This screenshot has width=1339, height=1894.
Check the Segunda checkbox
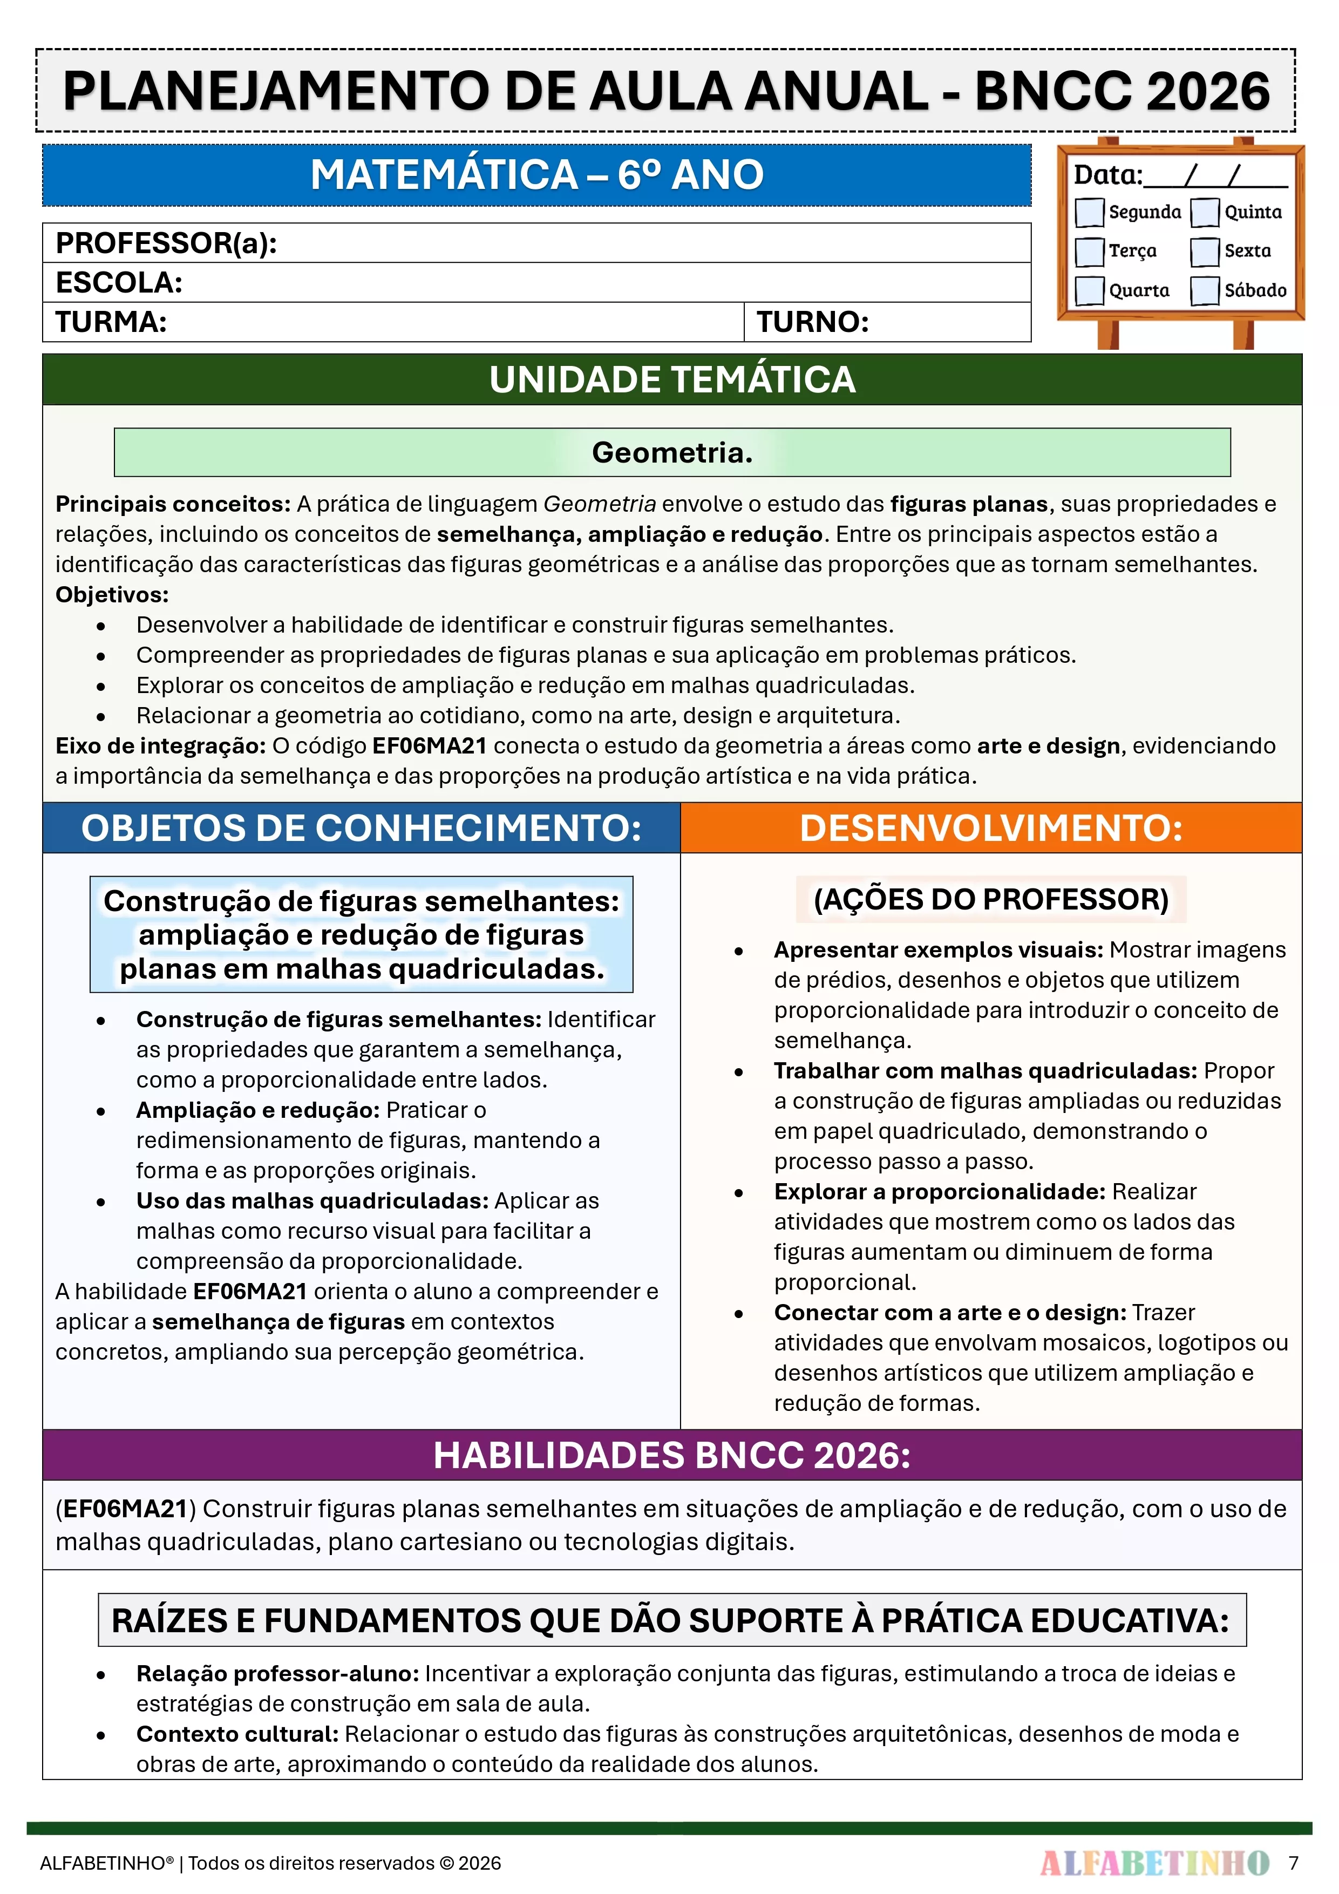[1089, 212]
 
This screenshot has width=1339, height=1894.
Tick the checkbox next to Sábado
[1205, 290]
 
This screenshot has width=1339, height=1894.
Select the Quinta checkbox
[1205, 212]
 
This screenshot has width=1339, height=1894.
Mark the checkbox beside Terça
[1089, 252]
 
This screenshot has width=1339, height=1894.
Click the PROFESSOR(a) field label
[166, 243]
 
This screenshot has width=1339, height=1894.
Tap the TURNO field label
[813, 322]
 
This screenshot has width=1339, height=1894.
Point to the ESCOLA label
[119, 283]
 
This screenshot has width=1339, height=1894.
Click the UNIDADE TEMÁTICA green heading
[671, 379]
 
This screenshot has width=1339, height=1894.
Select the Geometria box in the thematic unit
[671, 452]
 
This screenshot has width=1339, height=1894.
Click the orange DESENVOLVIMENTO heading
[991, 828]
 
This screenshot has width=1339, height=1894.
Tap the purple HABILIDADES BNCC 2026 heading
[671, 1455]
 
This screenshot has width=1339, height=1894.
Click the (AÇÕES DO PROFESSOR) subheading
[991, 899]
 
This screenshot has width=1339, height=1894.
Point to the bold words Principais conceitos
[172, 504]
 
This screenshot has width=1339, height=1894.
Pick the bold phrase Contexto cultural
[237, 1734]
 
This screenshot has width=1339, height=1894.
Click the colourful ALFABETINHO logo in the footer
[1154, 1863]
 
